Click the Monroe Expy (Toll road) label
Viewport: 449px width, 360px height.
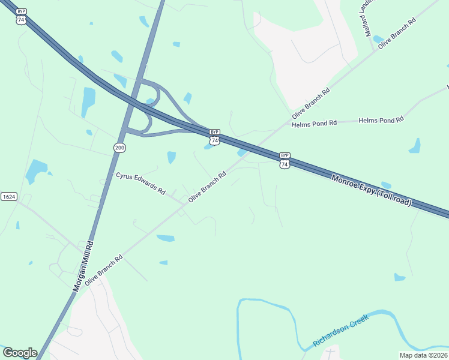[x=372, y=190]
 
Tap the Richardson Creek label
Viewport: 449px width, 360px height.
[x=340, y=332]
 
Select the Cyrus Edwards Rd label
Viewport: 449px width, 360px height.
[x=140, y=183]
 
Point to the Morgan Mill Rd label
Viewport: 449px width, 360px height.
[x=83, y=266]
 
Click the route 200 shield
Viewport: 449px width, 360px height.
[x=119, y=147]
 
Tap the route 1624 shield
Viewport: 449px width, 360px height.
[x=8, y=197]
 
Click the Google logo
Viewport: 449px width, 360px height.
[x=20, y=352]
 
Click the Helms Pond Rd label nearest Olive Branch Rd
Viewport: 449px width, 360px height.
[x=313, y=124]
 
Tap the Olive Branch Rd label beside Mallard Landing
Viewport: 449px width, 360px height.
[x=396, y=32]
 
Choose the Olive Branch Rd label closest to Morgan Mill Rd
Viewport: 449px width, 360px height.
[x=104, y=269]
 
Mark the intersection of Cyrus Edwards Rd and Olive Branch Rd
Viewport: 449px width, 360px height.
[x=184, y=204]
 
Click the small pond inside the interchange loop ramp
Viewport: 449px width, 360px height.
[x=149, y=101]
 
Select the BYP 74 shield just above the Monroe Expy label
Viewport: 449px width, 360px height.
[x=285, y=160]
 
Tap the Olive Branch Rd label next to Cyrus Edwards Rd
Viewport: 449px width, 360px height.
[x=207, y=187]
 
